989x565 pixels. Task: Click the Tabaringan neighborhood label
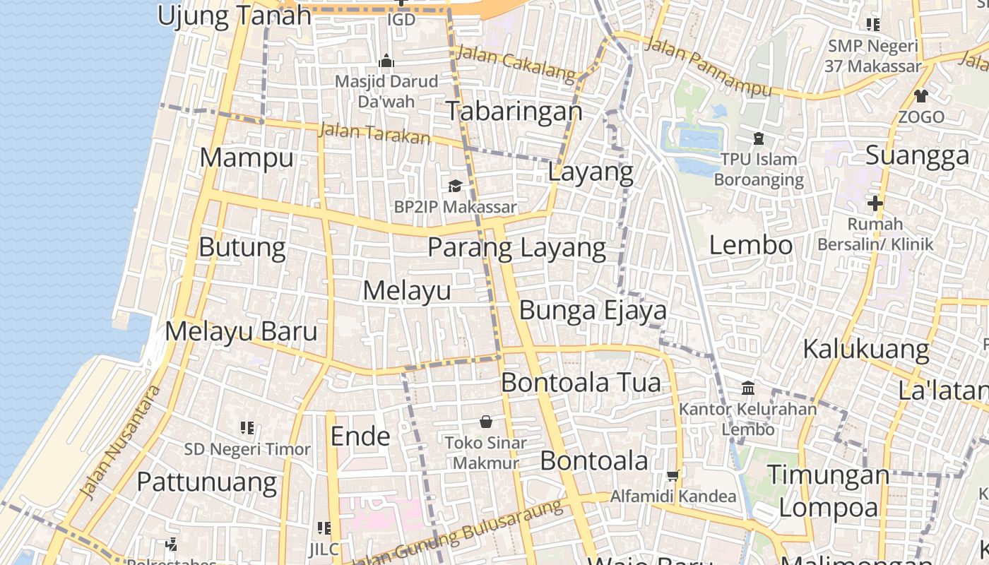point(514,111)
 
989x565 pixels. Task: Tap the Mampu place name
point(246,157)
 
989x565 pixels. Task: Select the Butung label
point(242,247)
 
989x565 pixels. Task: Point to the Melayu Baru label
point(241,331)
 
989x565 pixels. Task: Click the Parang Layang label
point(516,248)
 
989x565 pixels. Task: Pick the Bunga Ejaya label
point(593,310)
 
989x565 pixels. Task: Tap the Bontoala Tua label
point(581,382)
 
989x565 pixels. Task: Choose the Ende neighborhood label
point(360,436)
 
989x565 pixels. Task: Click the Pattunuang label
point(206,482)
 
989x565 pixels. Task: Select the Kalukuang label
point(865,349)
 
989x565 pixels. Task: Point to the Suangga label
point(917,155)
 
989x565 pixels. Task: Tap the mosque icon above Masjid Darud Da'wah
point(386,61)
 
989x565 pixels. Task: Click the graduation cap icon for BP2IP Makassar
point(455,186)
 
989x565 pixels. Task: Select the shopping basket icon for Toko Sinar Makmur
point(486,422)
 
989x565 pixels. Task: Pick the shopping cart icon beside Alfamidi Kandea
point(673,475)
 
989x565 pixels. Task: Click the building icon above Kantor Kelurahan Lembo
point(748,388)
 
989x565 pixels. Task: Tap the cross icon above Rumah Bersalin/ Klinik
point(875,204)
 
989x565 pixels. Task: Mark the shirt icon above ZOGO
point(921,95)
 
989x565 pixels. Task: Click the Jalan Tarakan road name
point(374,132)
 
